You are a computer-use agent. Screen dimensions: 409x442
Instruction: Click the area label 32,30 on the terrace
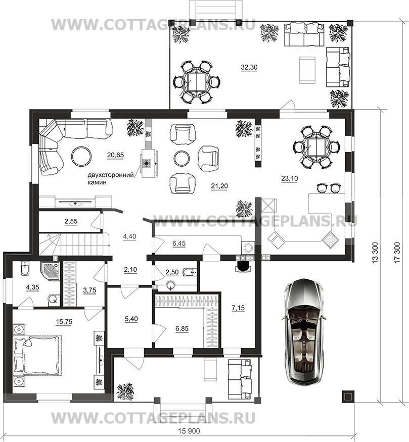pos(249,67)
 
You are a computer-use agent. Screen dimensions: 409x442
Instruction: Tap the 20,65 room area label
pos(115,155)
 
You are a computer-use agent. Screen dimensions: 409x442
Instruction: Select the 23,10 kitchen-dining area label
pos(290,178)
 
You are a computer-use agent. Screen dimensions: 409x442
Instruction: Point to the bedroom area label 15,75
pos(64,322)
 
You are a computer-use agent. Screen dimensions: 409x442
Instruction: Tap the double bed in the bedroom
pos(37,354)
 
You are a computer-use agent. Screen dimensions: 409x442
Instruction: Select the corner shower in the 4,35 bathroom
pos(50,271)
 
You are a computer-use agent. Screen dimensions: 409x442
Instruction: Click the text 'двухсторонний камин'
pos(111,178)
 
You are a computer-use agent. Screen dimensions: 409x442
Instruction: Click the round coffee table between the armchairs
pos(181,159)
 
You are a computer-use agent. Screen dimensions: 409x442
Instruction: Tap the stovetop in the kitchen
pos(330,240)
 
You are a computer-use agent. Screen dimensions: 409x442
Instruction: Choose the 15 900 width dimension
pos(189,431)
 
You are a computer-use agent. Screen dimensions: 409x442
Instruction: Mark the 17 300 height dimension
pos(397,252)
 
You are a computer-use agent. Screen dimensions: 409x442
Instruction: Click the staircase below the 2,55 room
pos(74,244)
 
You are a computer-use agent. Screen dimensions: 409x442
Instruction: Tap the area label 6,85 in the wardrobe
pos(182,328)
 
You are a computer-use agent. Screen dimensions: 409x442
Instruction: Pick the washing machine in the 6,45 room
pos(248,248)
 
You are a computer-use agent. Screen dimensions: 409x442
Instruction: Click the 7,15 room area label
pos(238,308)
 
